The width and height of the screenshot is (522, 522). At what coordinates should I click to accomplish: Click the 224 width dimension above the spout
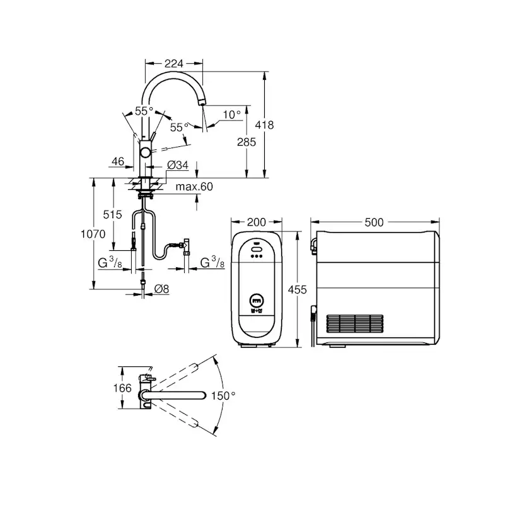click(x=173, y=63)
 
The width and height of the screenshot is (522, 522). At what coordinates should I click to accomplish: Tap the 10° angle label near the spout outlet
click(x=232, y=115)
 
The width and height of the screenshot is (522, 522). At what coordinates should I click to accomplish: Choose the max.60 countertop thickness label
click(x=194, y=187)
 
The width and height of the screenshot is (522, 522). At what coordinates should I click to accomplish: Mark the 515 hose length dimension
click(x=112, y=214)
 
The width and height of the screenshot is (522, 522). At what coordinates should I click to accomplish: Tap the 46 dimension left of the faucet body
click(x=117, y=162)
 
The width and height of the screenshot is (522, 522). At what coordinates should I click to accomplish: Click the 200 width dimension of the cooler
click(x=256, y=222)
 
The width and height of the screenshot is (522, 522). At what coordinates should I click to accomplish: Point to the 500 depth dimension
click(x=374, y=222)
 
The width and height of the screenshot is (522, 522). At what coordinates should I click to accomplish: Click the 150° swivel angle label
click(x=224, y=395)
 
